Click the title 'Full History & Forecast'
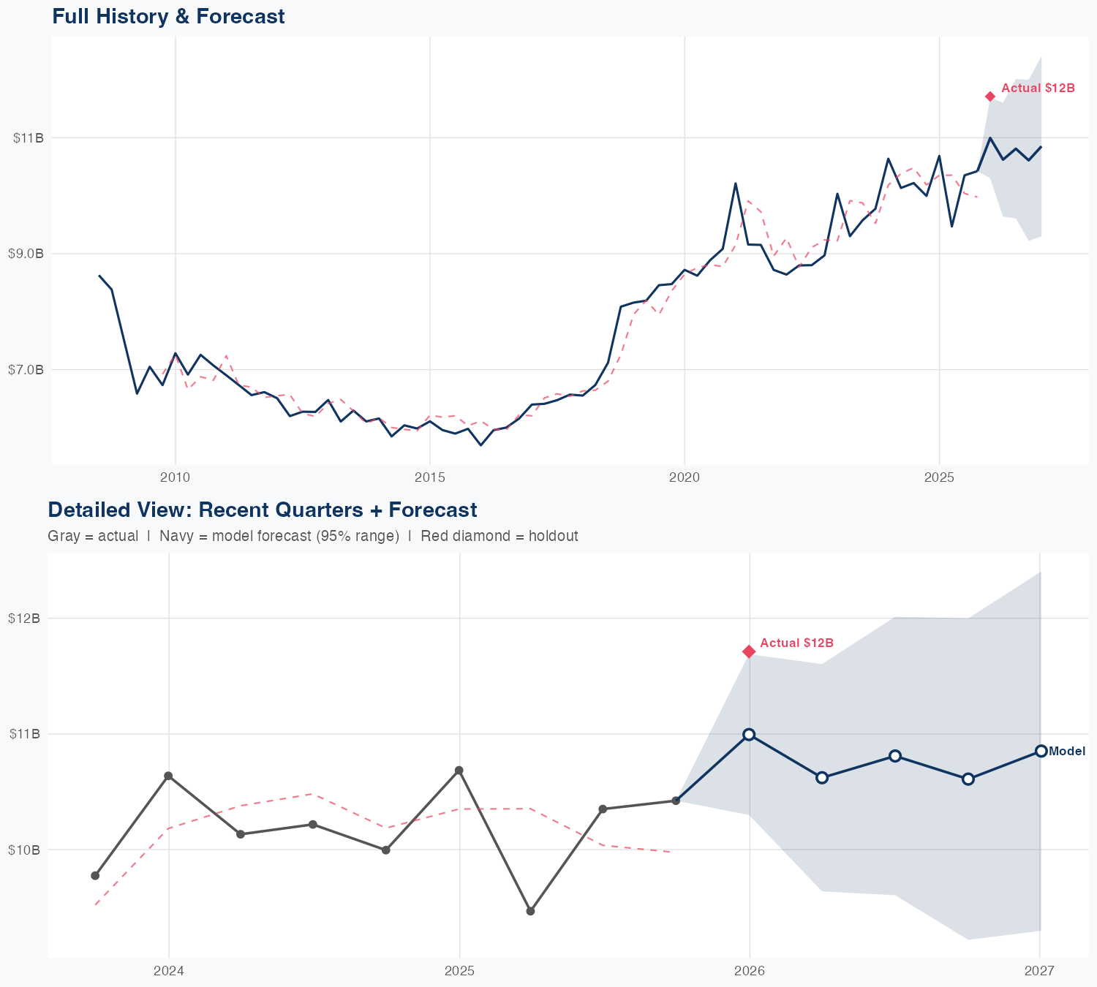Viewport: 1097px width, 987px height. (168, 16)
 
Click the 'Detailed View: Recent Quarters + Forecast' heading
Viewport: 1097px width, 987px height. (262, 510)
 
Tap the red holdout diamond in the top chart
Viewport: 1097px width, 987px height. (990, 97)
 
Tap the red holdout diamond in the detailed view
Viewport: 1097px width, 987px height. (749, 651)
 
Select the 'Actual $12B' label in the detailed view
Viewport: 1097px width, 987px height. (796, 643)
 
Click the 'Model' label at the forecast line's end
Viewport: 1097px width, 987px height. (1067, 752)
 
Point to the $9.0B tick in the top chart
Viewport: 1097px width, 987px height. (26, 254)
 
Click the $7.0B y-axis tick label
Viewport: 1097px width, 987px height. (26, 370)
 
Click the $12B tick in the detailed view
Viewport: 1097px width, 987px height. (24, 619)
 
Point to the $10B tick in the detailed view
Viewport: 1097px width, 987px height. (24, 850)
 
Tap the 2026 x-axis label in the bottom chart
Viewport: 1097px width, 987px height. (749, 972)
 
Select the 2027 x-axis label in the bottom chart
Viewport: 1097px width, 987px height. (1039, 972)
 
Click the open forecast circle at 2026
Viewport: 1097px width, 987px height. (749, 735)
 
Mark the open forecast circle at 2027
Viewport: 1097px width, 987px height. (1041, 752)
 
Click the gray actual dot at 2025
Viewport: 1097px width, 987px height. (459, 771)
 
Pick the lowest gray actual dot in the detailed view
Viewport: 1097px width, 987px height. (531, 911)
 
